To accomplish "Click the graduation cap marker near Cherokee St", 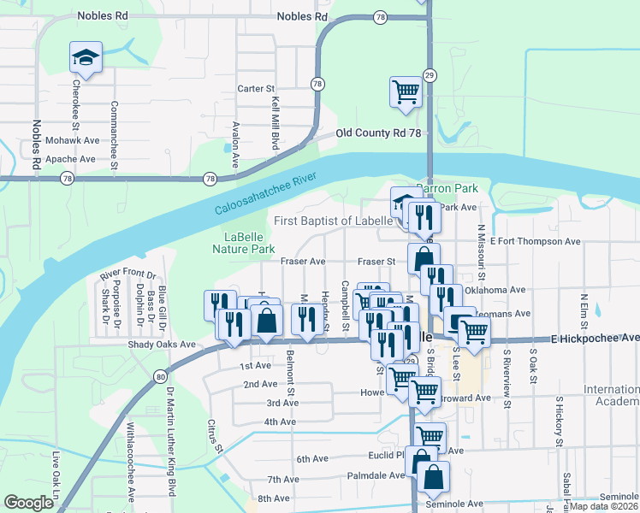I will coord(86,58).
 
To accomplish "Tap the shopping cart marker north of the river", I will coord(406,91).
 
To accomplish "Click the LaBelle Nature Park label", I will coord(244,243).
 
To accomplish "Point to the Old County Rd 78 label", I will coord(378,133).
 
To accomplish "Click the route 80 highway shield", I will coord(160,377).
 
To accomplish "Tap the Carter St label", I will coord(255,88).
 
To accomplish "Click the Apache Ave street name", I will coord(70,159).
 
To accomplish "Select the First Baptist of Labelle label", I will coord(334,221).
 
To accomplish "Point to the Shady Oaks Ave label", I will coord(162,345).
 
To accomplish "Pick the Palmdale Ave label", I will coord(376,475).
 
